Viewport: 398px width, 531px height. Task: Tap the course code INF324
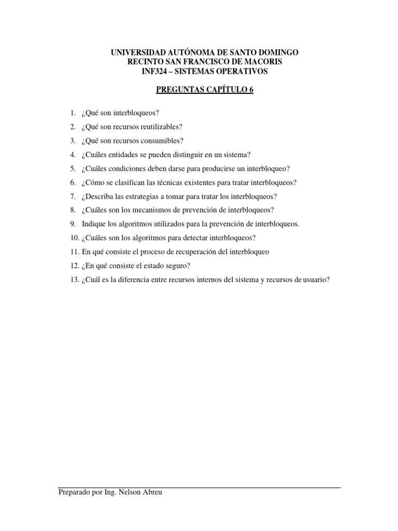(x=155, y=71)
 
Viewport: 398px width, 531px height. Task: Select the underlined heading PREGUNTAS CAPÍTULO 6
(x=205, y=90)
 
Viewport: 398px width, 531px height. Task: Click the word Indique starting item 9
(x=93, y=224)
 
